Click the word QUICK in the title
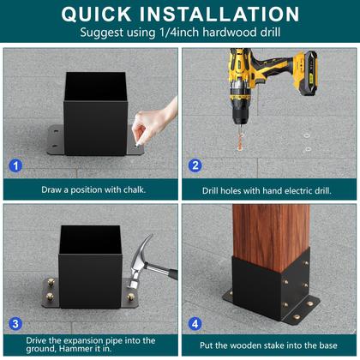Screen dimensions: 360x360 tap(105, 14)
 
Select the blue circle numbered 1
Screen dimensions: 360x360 tap(15, 164)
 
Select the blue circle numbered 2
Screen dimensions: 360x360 tap(195, 164)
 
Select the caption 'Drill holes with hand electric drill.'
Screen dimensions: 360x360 tap(269, 189)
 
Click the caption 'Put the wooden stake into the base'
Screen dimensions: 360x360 tap(269, 346)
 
